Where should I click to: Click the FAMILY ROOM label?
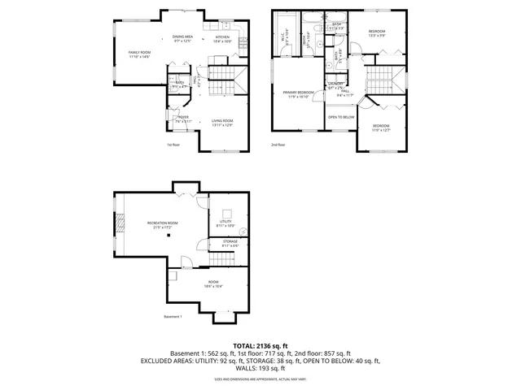[140, 54]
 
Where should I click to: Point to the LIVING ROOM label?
[222, 123]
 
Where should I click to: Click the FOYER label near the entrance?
[182, 119]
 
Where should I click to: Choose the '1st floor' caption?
[173, 145]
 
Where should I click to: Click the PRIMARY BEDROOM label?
[296, 94]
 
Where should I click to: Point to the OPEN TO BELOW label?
[341, 117]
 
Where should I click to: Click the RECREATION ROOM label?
[162, 224]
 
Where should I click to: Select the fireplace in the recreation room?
[120, 223]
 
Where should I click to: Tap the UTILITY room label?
[225, 223]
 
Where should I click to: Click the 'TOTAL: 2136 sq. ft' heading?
[260, 345]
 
